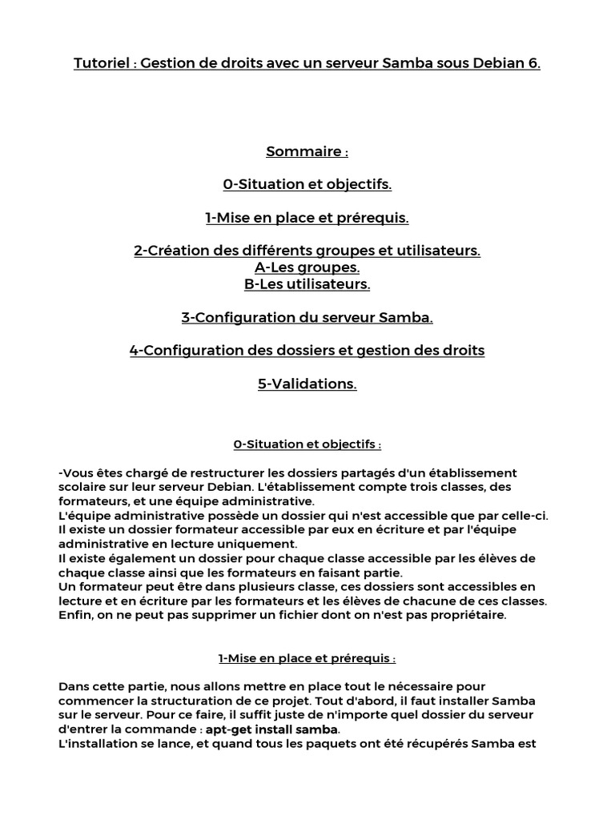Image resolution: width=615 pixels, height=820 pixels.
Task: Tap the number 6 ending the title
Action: click(534, 63)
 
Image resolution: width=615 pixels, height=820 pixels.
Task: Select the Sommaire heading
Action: click(307, 151)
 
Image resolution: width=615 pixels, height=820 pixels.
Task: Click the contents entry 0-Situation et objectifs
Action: click(307, 185)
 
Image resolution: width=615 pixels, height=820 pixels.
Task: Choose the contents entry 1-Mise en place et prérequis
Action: click(307, 218)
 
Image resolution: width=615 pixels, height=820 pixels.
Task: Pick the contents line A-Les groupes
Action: click(307, 267)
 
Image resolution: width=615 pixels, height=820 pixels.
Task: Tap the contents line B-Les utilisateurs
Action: click(307, 284)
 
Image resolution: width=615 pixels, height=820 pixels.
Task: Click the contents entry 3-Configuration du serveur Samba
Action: click(307, 318)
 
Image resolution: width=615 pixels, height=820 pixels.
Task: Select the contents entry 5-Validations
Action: click(307, 384)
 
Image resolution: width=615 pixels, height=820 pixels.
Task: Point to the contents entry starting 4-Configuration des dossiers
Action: click(307, 351)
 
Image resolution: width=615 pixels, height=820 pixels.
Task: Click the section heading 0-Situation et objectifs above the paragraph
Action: click(307, 444)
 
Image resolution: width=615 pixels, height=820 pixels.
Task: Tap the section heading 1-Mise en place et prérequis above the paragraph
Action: click(307, 658)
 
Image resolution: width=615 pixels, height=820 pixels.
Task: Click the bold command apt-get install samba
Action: click(272, 730)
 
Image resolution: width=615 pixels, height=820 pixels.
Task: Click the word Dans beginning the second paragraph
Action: click(74, 686)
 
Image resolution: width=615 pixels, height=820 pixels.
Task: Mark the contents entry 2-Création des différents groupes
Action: click(307, 251)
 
